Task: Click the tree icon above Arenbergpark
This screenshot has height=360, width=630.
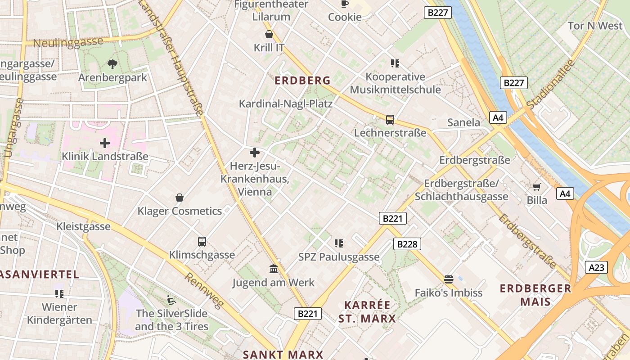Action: tap(112, 64)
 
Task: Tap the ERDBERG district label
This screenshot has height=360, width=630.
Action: tap(302, 81)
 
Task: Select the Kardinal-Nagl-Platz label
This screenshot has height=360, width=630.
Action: tap(285, 104)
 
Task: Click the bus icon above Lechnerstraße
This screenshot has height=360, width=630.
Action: tap(390, 120)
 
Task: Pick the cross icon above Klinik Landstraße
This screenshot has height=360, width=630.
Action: tap(105, 144)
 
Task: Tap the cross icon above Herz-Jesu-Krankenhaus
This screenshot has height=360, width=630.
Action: tap(255, 153)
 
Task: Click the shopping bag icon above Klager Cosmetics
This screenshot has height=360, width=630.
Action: tap(180, 198)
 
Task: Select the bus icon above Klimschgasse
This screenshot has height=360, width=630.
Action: tap(202, 242)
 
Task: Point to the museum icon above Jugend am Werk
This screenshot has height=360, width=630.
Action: tap(273, 269)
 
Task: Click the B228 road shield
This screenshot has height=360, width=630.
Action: tap(407, 244)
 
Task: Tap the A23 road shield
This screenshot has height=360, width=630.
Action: tap(596, 267)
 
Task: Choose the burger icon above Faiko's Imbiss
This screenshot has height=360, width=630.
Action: tap(448, 279)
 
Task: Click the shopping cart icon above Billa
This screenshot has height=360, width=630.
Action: tap(536, 187)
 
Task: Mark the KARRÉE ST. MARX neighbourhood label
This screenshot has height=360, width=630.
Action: tap(367, 312)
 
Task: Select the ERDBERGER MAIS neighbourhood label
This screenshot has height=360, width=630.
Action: tap(535, 295)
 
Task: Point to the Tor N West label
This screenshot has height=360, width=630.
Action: tap(595, 26)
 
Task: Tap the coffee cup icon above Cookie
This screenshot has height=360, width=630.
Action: tap(345, 4)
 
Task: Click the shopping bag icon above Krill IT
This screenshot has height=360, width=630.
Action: tap(269, 34)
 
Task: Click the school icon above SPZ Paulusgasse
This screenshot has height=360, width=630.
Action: tap(339, 243)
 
